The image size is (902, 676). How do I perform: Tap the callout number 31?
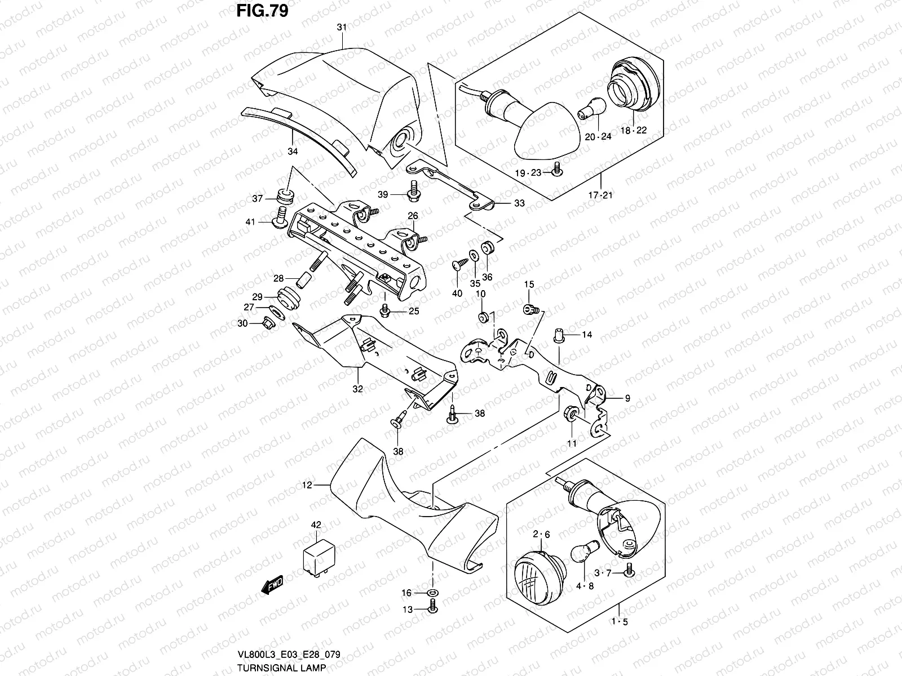pos(342,27)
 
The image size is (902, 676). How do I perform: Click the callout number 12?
pos(307,484)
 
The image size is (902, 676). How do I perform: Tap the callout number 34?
pos(293,152)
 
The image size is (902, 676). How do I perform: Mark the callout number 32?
pos(357,388)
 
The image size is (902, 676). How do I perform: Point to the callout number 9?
pos(627,398)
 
